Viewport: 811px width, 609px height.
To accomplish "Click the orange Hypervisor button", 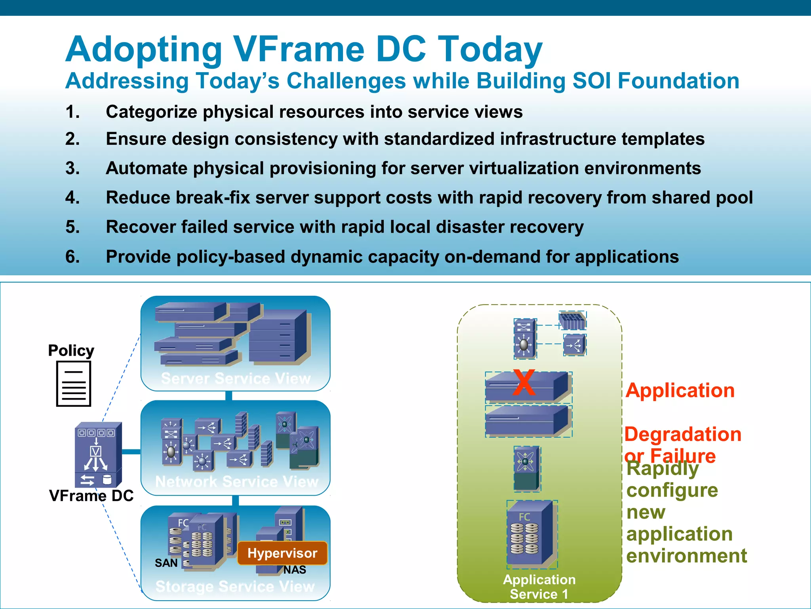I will (x=282, y=553).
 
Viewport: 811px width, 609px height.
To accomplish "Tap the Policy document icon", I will (x=74, y=383).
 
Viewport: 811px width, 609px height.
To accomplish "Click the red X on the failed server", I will (x=524, y=382).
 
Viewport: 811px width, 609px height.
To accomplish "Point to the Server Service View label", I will (x=236, y=378).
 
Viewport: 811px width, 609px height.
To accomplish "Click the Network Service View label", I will (x=236, y=481).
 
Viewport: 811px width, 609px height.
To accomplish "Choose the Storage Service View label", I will (x=235, y=586).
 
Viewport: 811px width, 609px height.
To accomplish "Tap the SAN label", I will (x=166, y=563).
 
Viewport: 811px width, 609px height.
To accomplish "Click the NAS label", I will (x=295, y=570).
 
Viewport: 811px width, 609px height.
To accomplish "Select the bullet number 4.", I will (x=72, y=197).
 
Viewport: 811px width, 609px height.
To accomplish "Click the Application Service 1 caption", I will (x=539, y=587).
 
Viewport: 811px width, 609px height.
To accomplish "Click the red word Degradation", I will (x=683, y=434).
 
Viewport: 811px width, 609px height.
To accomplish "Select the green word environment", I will (x=687, y=555).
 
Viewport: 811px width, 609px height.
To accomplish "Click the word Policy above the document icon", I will (x=71, y=350).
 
